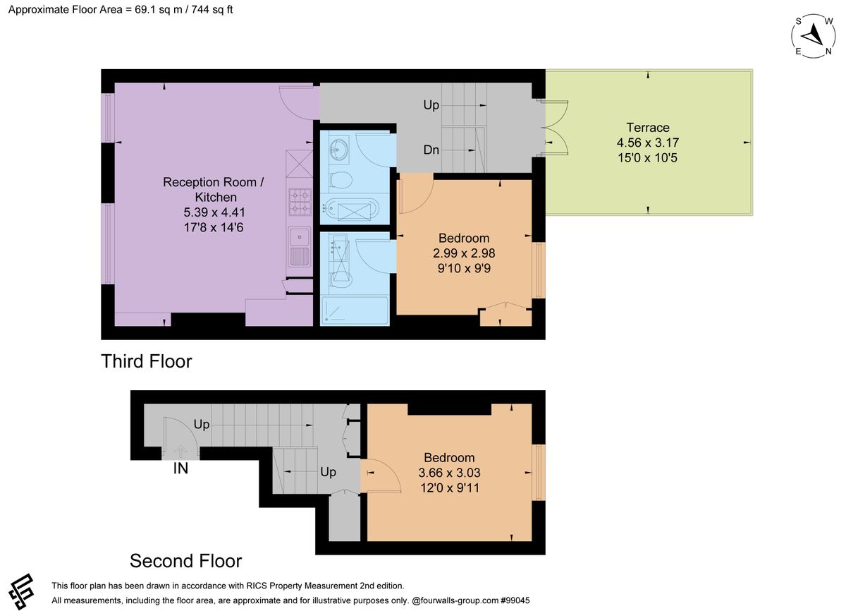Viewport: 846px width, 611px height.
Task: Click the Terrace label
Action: (x=647, y=128)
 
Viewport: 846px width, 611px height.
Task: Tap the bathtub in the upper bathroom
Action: (x=351, y=208)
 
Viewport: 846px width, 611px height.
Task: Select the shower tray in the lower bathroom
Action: (x=355, y=311)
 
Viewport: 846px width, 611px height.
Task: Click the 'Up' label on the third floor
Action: (x=431, y=105)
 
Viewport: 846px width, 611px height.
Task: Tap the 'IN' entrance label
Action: (x=180, y=468)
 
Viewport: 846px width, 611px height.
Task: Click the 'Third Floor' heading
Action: (x=147, y=361)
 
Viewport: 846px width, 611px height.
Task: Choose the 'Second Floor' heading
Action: (x=185, y=561)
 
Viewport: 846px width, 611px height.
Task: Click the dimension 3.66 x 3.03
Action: (x=448, y=473)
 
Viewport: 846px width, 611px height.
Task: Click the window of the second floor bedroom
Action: (x=539, y=473)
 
